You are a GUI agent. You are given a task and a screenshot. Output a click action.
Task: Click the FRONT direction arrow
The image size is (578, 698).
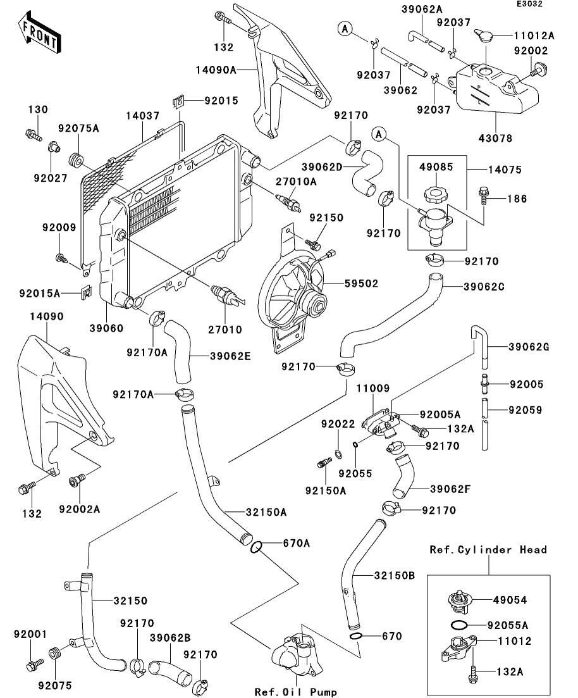pyautogui.click(x=39, y=35)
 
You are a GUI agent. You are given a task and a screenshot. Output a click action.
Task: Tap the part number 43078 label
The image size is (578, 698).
pyautogui.click(x=496, y=138)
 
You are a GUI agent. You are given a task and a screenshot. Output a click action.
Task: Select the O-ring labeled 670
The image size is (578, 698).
pyautogui.click(x=357, y=635)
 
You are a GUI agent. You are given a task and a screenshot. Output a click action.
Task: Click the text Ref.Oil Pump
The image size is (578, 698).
pyautogui.click(x=295, y=692)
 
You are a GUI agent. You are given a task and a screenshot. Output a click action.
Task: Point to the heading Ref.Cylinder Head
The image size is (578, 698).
pyautogui.click(x=488, y=549)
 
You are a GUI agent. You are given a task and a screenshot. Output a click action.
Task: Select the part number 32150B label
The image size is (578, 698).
pyautogui.click(x=393, y=575)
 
